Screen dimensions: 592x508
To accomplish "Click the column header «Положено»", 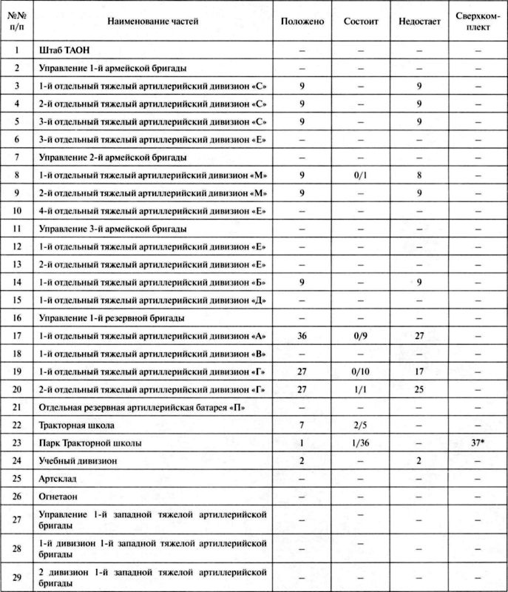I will pos(302,21).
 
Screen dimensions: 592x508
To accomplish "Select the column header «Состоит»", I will pos(361,21).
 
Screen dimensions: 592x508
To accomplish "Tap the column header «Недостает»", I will pos(419,21).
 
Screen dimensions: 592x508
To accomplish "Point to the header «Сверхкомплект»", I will pos(477,22).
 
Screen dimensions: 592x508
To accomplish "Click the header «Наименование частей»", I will pos(153,21).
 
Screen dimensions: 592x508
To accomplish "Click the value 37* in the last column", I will pos(478,443).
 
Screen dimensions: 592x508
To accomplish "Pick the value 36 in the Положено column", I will pos(302,334).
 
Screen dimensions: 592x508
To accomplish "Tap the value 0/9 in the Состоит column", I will pos(361,334).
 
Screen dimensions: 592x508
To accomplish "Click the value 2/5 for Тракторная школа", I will pos(361,425).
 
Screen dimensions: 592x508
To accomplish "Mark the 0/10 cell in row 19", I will pos(361,370).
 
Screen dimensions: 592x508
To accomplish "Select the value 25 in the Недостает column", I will pos(419,388).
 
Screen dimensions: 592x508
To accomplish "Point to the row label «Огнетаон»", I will pos(59,496).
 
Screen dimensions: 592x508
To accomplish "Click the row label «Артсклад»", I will pos(57,478).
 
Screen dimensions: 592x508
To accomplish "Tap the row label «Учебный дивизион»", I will pos(76,460).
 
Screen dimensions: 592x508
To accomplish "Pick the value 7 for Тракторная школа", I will pos(302,425).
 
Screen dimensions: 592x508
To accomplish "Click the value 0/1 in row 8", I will pos(361,175).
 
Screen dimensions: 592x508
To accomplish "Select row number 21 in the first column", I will pos(17,406).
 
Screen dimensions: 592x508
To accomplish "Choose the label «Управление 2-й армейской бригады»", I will pos(112,157).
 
